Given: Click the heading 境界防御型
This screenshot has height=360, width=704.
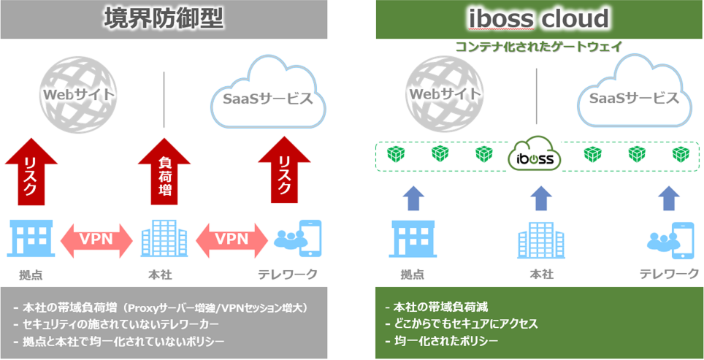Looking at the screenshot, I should (163, 18).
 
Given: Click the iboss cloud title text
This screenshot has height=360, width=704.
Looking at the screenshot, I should (540, 18).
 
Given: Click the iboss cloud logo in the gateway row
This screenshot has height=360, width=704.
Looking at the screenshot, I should (537, 156).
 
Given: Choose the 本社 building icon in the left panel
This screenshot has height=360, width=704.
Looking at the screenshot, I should (161, 239).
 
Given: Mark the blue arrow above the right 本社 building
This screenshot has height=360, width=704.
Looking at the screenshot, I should (540, 198).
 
